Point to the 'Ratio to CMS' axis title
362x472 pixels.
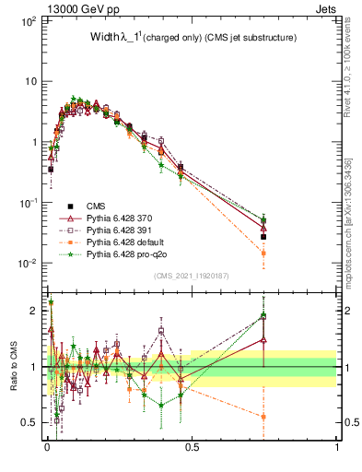tap(14, 366)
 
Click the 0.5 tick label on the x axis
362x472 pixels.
tap(192, 447)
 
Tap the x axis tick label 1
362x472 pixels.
tap(336, 447)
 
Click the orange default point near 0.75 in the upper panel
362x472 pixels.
tap(263, 253)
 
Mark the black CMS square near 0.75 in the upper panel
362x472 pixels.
tap(263, 237)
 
